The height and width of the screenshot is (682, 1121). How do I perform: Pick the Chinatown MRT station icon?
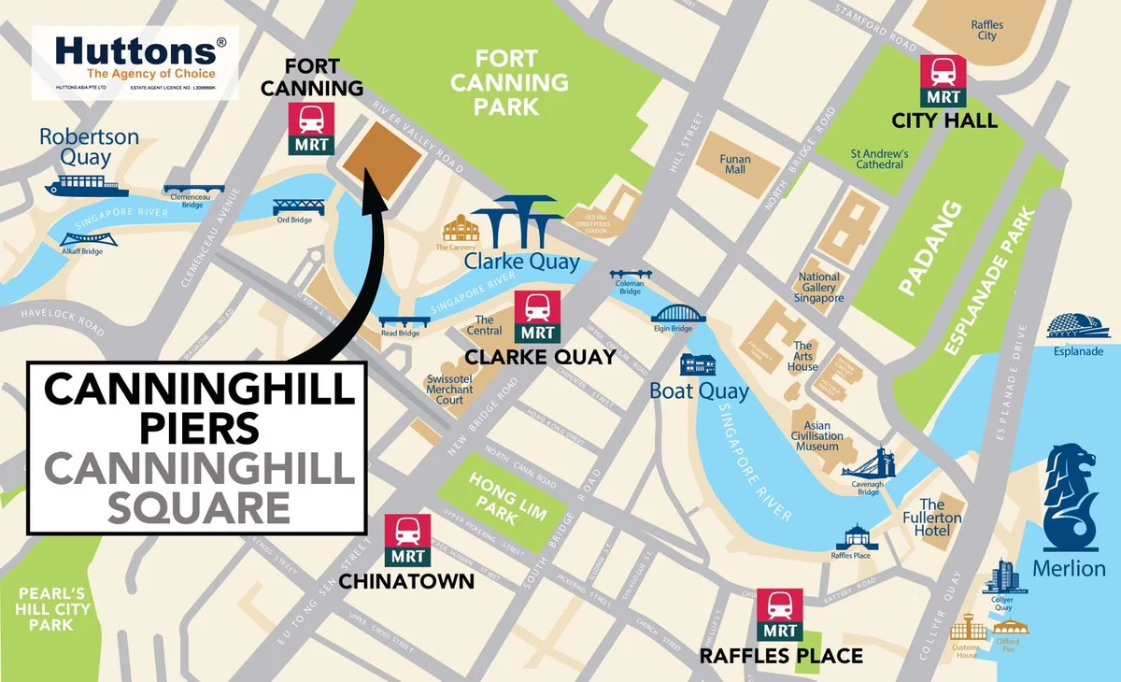click(x=406, y=541)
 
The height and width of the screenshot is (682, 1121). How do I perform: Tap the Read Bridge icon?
click(x=404, y=321)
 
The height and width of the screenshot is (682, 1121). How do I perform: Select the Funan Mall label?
click(x=735, y=164)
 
